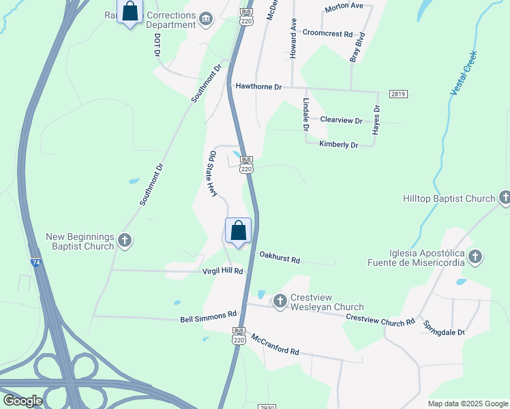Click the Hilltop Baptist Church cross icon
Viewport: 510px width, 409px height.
[x=505, y=198]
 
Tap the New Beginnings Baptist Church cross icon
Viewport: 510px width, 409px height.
[x=124, y=240]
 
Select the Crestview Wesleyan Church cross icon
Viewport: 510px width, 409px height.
[x=280, y=301]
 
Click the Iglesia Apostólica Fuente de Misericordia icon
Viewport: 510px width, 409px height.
[x=475, y=257]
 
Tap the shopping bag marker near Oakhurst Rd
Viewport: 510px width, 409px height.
[x=238, y=230]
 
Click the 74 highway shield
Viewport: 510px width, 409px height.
[x=35, y=262]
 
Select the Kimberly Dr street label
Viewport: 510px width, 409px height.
[x=339, y=145]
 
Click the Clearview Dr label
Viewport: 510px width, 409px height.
[x=341, y=120]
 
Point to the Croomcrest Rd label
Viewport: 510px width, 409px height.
[x=327, y=33]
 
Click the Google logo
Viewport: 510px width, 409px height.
[x=22, y=401]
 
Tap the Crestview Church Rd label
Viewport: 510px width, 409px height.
[x=380, y=318]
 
